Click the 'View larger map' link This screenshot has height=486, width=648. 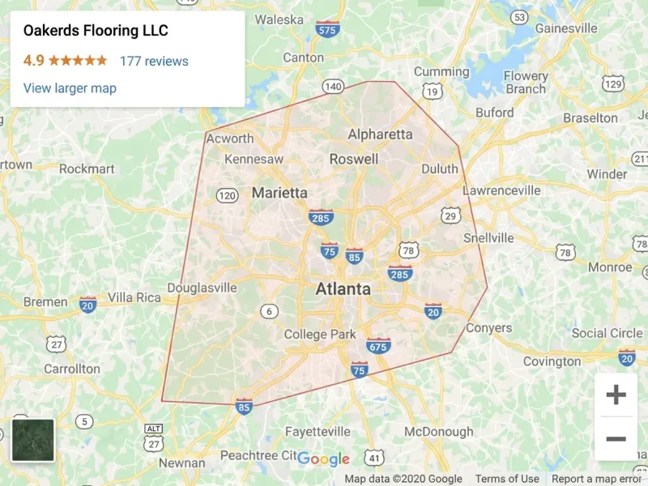(70, 88)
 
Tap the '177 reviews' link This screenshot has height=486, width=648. (154, 61)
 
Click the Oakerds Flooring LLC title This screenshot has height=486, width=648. (96, 32)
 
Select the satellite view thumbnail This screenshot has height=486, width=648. (33, 440)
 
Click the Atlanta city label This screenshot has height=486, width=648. (343, 289)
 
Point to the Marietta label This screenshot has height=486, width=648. (279, 193)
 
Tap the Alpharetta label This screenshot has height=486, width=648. (380, 134)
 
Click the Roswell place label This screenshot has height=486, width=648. (353, 159)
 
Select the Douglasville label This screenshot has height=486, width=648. (202, 288)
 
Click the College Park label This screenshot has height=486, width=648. (320, 335)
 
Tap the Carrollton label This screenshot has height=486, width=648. (72, 369)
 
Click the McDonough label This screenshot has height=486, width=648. (438, 431)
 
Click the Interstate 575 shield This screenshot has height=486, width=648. (327, 29)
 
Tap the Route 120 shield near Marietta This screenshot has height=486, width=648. (228, 195)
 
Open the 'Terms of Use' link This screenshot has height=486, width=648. (507, 479)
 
